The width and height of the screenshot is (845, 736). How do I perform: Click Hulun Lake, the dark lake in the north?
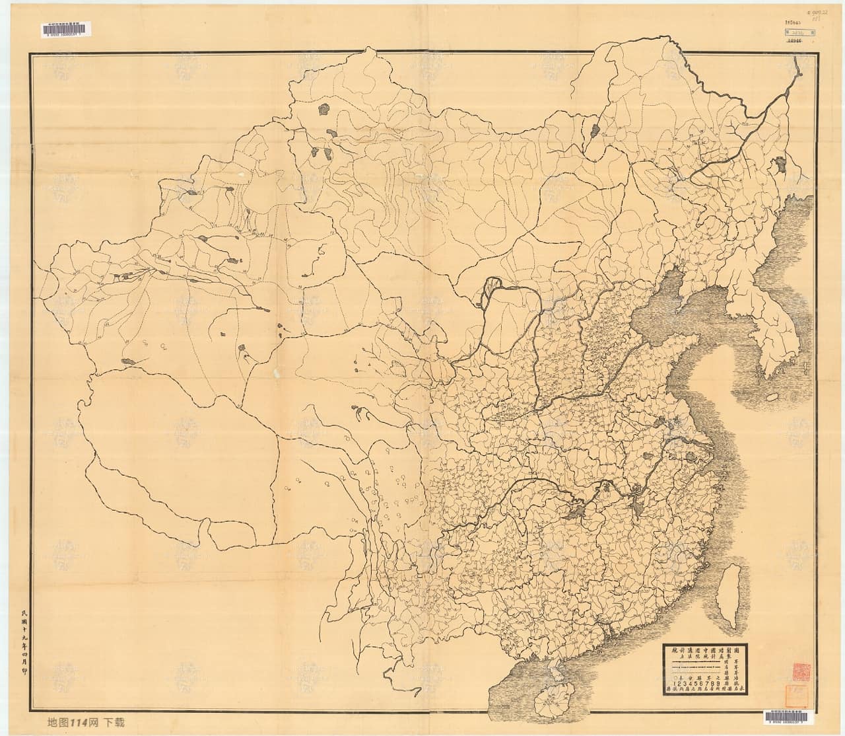593,129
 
